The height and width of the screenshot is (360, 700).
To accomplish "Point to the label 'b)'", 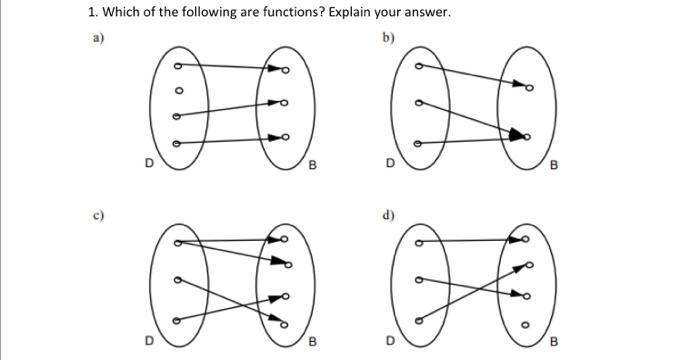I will click(x=387, y=38).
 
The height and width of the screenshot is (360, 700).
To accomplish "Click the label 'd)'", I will click(x=387, y=214).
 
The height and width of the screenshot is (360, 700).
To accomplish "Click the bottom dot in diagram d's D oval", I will click(x=418, y=320).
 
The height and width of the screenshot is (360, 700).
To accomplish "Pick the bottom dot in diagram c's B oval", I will click(x=284, y=323).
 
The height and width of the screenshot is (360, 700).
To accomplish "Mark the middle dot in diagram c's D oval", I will click(x=178, y=281).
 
